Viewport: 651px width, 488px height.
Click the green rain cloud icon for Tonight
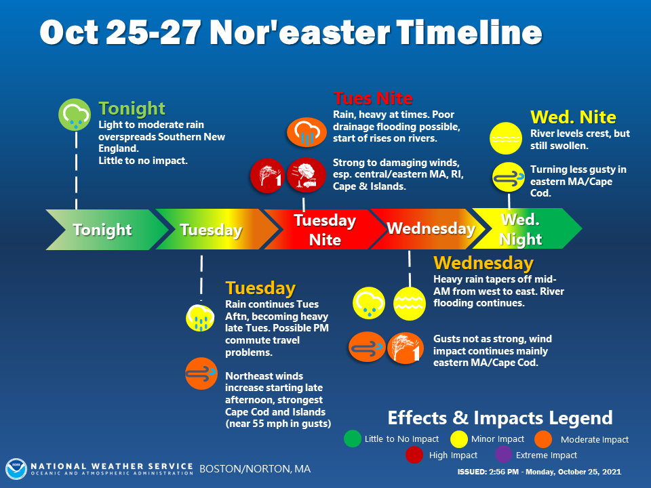pos(75,115)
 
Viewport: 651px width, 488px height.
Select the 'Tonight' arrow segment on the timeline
pos(106,230)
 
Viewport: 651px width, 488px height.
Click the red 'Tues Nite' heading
pos(373,98)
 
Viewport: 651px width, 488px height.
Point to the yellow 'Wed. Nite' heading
pos(573,117)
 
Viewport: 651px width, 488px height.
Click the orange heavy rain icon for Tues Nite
pos(307,132)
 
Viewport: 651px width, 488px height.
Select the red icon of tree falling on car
pos(307,175)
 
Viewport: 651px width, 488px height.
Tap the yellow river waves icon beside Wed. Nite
pos(506,138)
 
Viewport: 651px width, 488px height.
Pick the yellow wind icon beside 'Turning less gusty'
pos(509,177)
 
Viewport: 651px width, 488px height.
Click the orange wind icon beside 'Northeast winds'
pos(201,373)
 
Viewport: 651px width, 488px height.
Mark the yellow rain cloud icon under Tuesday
pos(200,319)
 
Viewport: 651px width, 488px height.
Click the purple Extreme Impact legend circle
pos(503,454)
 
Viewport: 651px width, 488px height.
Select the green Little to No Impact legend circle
pos(353,439)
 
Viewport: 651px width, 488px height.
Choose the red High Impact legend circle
pos(414,455)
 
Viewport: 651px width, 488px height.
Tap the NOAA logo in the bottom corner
pos(16,469)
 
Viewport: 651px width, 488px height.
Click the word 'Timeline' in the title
pos(469,33)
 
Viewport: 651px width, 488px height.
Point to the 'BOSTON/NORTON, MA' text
pos(255,469)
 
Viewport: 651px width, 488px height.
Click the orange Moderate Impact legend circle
pos(543,439)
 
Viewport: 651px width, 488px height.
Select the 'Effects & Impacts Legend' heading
pos(500,418)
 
